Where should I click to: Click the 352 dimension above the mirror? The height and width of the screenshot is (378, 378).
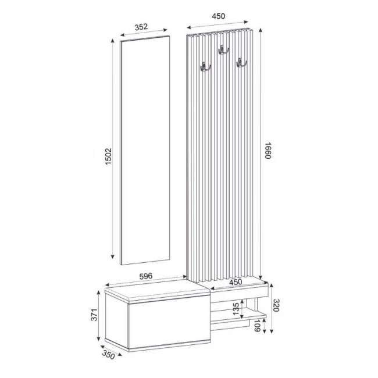coord(147,27)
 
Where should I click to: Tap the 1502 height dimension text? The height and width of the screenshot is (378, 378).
coord(108,156)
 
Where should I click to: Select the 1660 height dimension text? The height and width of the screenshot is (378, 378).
coord(268,153)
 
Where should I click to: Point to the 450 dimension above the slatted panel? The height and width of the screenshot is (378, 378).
coord(218,17)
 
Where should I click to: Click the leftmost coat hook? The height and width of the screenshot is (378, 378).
coord(204,68)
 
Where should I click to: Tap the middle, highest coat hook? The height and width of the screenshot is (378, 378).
coord(222,51)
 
